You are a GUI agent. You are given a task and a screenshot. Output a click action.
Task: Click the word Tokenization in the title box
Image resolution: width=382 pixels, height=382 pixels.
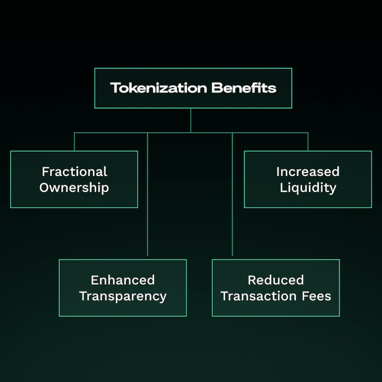(x=158, y=88)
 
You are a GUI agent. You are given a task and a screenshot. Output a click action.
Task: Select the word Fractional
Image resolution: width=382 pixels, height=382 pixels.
(x=74, y=172)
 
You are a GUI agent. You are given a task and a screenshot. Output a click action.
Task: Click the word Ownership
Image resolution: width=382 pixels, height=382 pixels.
(x=74, y=188)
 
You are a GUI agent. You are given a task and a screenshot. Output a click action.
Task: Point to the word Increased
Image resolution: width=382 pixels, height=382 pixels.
(x=308, y=172)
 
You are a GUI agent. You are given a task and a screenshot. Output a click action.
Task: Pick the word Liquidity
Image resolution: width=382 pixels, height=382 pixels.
(x=308, y=188)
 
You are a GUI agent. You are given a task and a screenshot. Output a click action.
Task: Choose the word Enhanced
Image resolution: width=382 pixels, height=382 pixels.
(x=123, y=280)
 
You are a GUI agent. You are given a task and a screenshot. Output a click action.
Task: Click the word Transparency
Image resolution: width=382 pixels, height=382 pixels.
(x=123, y=296)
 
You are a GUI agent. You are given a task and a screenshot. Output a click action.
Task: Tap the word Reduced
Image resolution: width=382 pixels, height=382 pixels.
(x=276, y=280)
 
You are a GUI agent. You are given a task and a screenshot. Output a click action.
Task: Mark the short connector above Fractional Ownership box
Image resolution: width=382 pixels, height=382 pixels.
(x=74, y=142)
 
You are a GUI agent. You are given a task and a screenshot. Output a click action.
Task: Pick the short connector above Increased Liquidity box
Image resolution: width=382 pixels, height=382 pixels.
(x=308, y=142)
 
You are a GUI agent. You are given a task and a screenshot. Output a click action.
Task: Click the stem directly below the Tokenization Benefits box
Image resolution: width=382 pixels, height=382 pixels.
(x=191, y=120)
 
